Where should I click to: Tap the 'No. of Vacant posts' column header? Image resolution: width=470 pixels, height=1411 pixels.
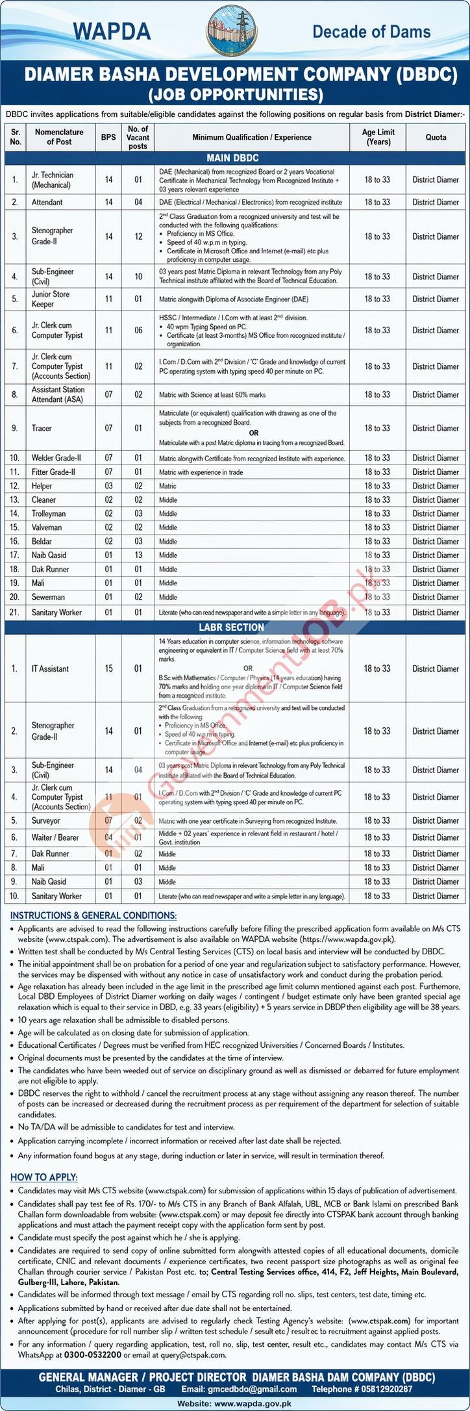coord(138,138)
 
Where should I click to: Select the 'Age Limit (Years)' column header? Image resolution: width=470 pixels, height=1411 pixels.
coord(378,137)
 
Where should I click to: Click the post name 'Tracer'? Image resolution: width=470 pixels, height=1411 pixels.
coord(42,428)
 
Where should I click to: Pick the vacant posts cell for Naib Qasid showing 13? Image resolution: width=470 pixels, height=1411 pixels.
coord(138,555)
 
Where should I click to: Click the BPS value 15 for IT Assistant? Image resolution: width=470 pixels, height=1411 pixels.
coord(108,668)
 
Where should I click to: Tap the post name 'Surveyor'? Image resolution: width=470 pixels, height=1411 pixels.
coord(47,821)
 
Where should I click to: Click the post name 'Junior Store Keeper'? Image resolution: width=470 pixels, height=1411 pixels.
coord(51,299)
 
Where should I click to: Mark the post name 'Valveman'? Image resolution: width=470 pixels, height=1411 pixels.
coord(46,528)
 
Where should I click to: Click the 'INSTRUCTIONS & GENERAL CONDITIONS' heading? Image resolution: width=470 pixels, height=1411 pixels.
coord(93,915)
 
